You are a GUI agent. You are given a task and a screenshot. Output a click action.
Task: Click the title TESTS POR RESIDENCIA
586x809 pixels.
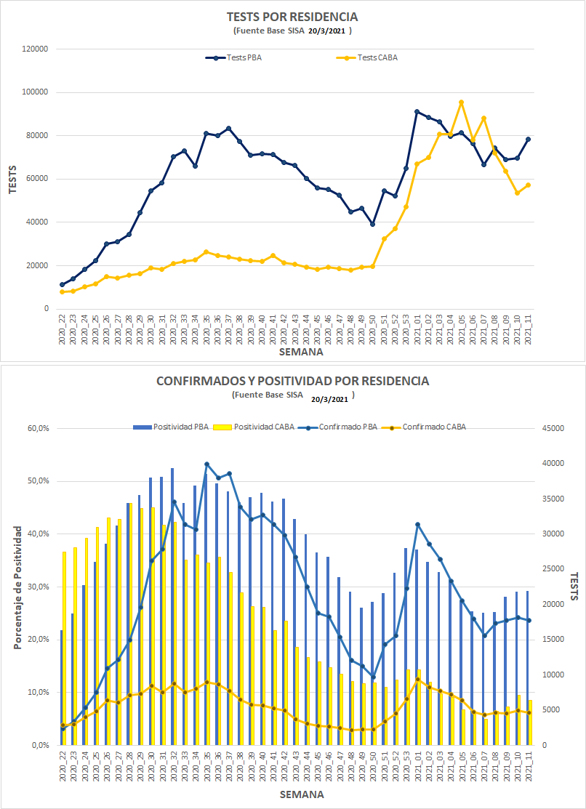[292, 16]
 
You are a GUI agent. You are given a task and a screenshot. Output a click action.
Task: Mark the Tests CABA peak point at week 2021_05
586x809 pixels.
[461, 102]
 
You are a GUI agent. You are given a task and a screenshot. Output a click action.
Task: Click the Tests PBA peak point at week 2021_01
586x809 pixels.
[417, 112]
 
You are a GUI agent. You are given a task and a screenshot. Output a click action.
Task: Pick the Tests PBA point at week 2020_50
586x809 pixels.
[373, 224]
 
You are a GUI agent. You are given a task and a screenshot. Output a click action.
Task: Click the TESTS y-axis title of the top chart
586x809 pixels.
[12, 178]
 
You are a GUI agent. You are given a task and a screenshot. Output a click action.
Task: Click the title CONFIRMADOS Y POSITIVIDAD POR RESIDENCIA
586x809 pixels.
[293, 381]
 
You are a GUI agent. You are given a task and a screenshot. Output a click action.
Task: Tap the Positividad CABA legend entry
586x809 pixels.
[264, 427]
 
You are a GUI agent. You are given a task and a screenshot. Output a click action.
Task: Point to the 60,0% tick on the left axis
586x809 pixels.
[36, 428]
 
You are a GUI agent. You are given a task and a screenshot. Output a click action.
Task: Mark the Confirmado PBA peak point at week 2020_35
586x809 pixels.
[207, 464]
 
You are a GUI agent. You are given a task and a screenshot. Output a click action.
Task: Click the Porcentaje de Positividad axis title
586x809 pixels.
[16, 587]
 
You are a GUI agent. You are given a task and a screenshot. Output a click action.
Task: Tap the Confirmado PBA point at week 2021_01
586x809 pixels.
[417, 524]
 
